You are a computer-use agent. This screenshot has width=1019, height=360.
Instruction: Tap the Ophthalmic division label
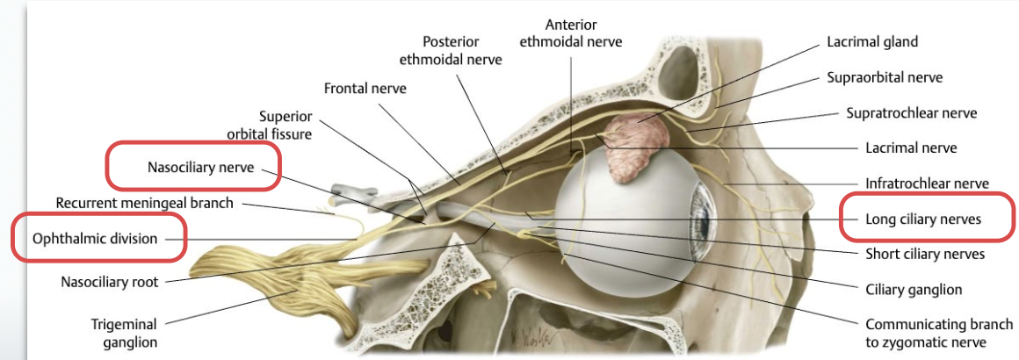pyautogui.click(x=95, y=238)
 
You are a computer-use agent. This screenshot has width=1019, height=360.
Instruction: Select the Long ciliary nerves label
pyautogui.click(x=923, y=219)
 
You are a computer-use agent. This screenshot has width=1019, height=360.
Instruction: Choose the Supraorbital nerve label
pyautogui.click(x=885, y=77)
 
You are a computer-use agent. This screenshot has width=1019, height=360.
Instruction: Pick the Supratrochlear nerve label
pyautogui.click(x=911, y=113)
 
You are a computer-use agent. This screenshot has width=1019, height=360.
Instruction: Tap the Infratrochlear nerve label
pyautogui.click(x=927, y=184)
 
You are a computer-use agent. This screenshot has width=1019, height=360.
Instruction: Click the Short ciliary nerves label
pyautogui.click(x=924, y=254)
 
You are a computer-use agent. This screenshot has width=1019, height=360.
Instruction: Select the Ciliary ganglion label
pyautogui.click(x=914, y=289)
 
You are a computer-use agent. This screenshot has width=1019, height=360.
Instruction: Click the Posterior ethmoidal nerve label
pyautogui.click(x=451, y=50)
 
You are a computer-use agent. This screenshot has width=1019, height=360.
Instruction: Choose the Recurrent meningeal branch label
pyautogui.click(x=144, y=203)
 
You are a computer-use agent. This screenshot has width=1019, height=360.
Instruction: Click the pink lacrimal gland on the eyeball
pyautogui.click(x=627, y=149)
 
